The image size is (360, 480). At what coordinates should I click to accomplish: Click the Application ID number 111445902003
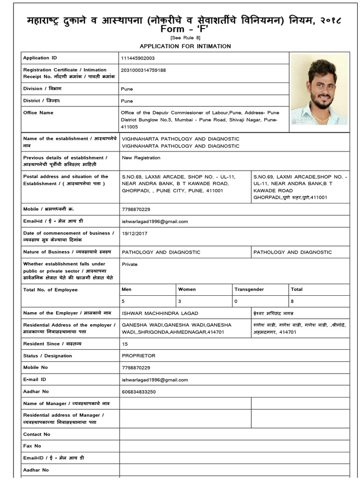[138, 58]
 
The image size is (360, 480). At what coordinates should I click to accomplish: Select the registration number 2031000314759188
[143, 70]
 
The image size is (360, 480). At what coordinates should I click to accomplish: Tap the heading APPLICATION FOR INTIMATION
[185, 46]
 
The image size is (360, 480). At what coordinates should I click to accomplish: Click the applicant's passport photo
[319, 89]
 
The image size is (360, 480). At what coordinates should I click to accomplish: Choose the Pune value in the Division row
[127, 89]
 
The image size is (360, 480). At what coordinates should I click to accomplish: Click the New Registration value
[141, 158]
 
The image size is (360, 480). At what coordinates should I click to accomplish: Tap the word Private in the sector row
[130, 264]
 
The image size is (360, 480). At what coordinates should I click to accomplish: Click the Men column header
[127, 290]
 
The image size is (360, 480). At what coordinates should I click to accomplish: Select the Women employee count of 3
[180, 301]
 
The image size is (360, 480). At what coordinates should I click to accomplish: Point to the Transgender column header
[249, 290]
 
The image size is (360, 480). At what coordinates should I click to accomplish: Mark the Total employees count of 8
[292, 301]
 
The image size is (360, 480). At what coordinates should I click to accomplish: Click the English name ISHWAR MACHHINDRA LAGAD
[160, 313]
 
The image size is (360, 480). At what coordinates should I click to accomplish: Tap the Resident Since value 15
[125, 344]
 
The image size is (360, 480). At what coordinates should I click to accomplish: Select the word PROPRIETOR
[138, 356]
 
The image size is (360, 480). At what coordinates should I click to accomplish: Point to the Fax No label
[32, 446]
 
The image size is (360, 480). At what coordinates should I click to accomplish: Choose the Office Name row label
[38, 112]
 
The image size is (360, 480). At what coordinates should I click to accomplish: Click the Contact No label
[37, 434]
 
